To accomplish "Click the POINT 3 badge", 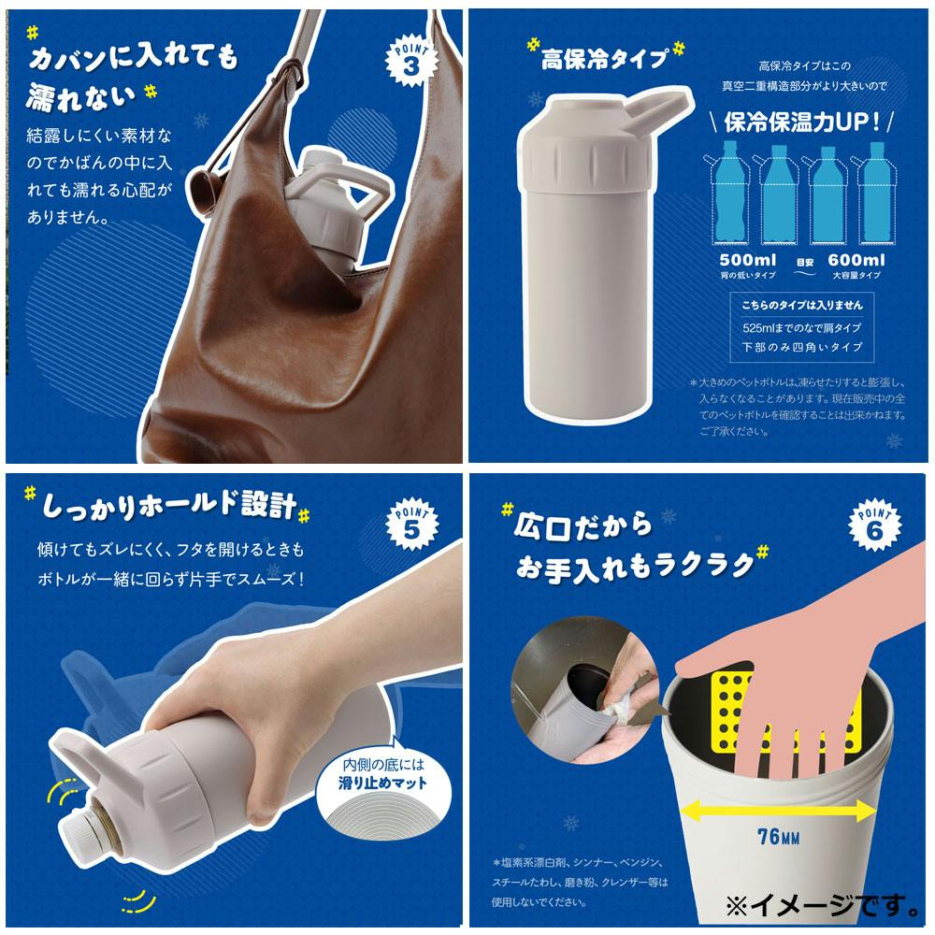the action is click(410, 61).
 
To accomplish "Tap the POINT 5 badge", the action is click(411, 524).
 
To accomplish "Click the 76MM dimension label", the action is click(778, 837).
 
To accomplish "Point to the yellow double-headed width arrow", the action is click(778, 811).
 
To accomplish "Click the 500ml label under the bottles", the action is click(748, 260).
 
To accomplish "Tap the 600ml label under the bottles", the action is click(856, 260).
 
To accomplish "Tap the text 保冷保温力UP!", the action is click(802, 122).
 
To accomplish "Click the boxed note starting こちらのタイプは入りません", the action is click(802, 326).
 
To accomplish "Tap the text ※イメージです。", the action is click(823, 905).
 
